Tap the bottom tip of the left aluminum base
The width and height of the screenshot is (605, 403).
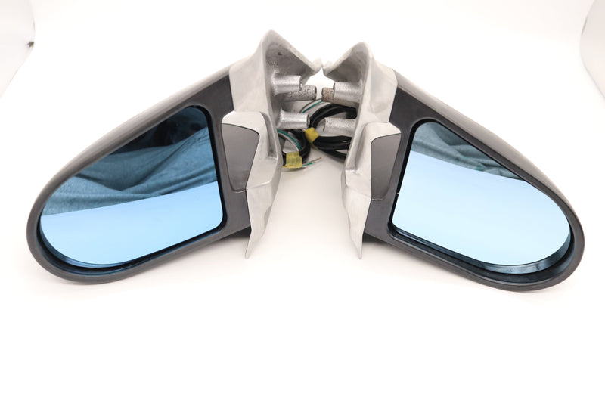click(250, 253)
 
